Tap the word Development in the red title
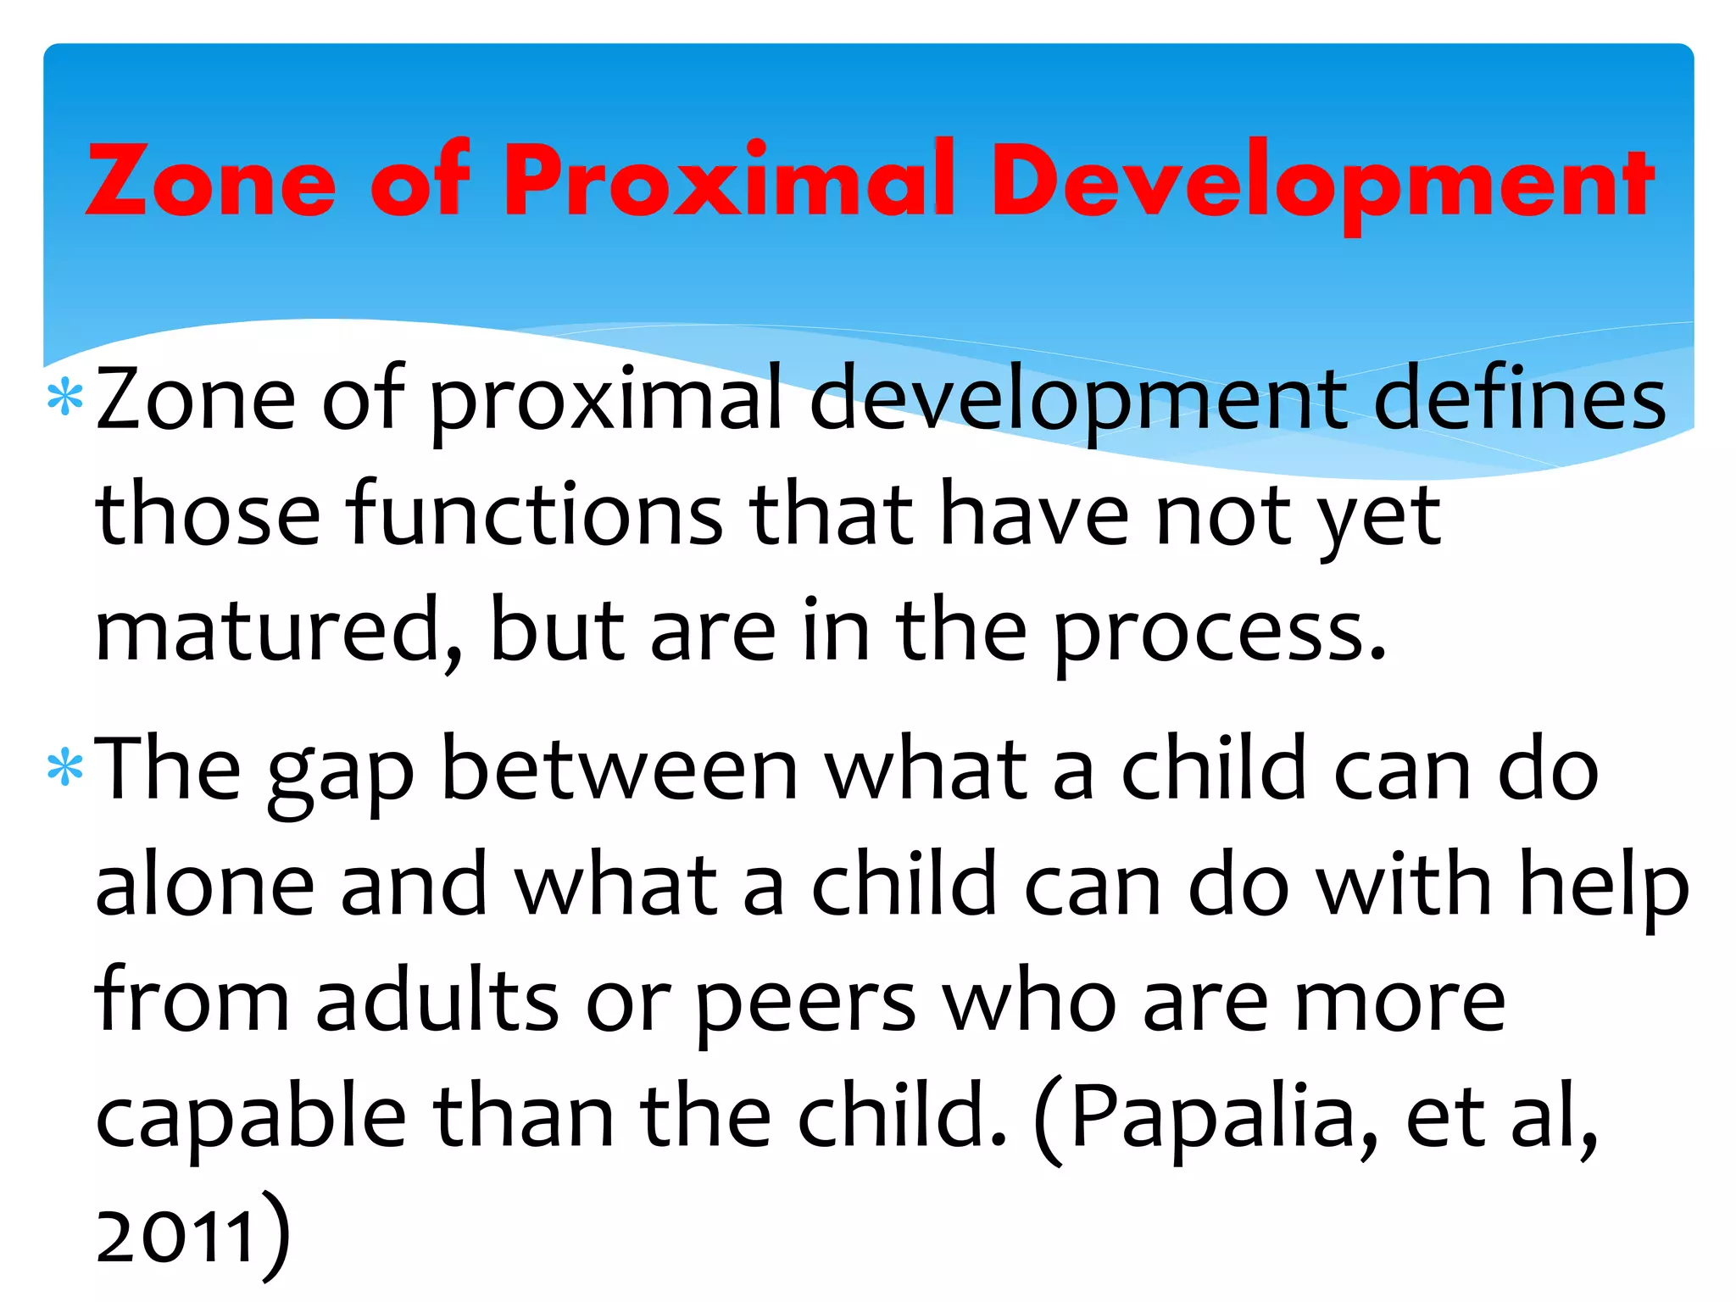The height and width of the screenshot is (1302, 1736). pos(1322,182)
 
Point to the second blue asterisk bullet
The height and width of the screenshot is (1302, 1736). pos(65,769)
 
